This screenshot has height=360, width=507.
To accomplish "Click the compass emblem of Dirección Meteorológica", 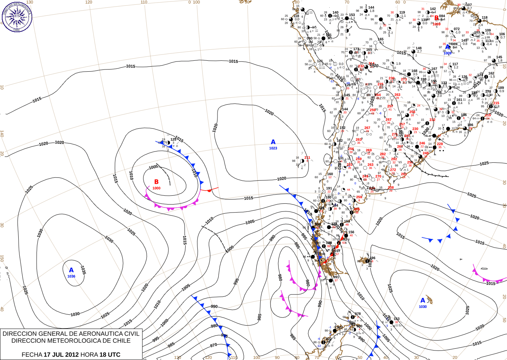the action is [x=17, y=17].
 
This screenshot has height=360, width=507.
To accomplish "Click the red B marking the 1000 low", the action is [x=156, y=182].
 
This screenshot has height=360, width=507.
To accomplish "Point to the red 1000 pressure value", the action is [x=156, y=188].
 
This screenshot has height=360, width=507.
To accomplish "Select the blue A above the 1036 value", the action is [x=71, y=270].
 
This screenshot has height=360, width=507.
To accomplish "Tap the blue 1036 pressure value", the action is [x=71, y=276].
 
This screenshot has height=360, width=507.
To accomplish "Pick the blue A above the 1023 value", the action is [x=273, y=142].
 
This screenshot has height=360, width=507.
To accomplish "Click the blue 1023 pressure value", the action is [x=273, y=148].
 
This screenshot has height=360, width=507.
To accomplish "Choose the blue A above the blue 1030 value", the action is [x=423, y=300].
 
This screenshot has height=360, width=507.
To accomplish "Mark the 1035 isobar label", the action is [x=83, y=270].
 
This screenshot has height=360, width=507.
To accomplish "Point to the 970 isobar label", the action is [x=213, y=345].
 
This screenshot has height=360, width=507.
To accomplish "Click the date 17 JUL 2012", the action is [x=61, y=355].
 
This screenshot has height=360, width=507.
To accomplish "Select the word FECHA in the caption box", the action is [x=32, y=355].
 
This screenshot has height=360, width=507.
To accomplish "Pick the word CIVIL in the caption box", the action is [x=132, y=334].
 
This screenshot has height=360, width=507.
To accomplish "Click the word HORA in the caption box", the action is [x=89, y=355].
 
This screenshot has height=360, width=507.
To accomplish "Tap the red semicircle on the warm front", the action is [x=209, y=191].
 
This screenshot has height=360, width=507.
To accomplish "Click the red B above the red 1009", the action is [x=436, y=18].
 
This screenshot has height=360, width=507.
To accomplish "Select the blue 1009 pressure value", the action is [x=447, y=53].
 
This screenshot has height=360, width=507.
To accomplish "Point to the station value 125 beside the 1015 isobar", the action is [x=173, y=139].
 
